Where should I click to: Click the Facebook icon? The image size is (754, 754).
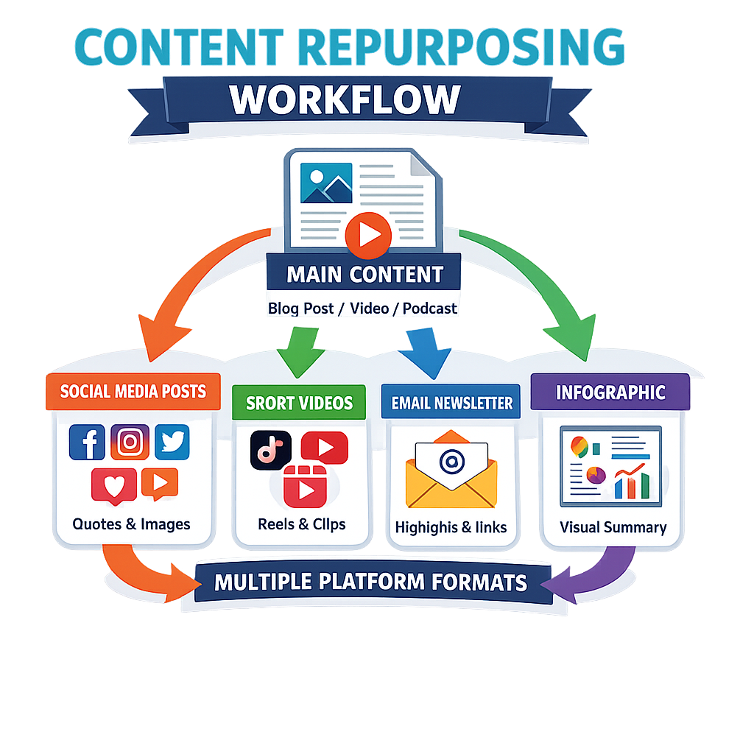(x=87, y=443)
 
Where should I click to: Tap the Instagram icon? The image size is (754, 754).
(x=130, y=443)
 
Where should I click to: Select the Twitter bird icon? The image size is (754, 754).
(x=172, y=442)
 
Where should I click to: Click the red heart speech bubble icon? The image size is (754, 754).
(x=114, y=485)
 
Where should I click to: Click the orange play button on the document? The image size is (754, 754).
(x=367, y=234)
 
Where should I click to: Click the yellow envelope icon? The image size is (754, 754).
(x=451, y=475)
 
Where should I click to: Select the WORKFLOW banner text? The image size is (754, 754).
(x=345, y=101)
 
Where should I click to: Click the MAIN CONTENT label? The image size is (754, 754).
(x=364, y=275)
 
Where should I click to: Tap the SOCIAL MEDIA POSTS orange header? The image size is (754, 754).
(x=133, y=391)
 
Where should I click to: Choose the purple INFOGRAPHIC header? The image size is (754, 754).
(x=610, y=391)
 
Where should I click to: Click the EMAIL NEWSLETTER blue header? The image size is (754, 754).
(x=451, y=403)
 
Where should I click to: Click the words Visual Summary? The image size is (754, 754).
(x=613, y=527)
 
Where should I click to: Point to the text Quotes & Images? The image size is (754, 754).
(x=131, y=524)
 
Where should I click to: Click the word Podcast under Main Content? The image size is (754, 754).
(x=430, y=309)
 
